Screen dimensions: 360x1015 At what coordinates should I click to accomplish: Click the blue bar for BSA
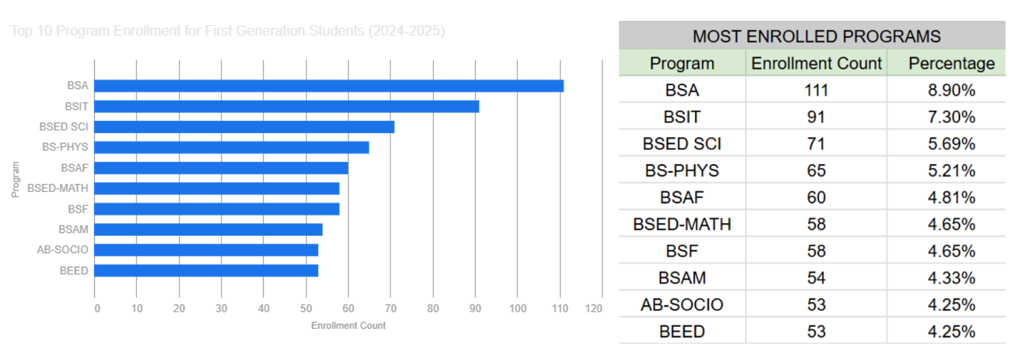329,86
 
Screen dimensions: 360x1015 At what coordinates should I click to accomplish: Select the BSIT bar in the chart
286,107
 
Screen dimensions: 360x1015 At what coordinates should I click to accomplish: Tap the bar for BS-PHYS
232,147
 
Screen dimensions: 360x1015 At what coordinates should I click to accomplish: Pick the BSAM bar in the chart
208,230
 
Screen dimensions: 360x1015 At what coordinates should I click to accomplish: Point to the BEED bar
206,271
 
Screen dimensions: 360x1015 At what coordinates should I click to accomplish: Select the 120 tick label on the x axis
594,309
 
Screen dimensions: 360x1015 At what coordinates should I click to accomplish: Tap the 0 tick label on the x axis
97,309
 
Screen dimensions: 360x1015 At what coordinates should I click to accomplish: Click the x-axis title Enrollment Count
348,326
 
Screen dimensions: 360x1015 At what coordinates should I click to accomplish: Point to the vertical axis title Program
16,179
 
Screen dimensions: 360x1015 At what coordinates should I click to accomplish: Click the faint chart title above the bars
228,31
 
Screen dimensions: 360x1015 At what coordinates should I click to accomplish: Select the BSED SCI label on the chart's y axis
63,127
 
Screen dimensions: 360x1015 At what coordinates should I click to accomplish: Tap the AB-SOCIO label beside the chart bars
63,250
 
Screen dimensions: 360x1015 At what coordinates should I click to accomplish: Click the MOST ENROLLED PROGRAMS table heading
816,36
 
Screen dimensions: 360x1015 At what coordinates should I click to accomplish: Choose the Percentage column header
951,63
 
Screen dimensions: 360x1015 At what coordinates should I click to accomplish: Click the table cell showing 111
816,90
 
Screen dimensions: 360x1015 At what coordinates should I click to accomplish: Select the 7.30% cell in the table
951,117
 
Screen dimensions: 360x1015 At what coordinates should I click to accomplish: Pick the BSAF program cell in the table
681,198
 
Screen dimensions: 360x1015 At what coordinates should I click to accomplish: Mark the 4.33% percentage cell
951,278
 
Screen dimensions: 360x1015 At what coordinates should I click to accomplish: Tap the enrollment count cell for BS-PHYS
816,171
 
